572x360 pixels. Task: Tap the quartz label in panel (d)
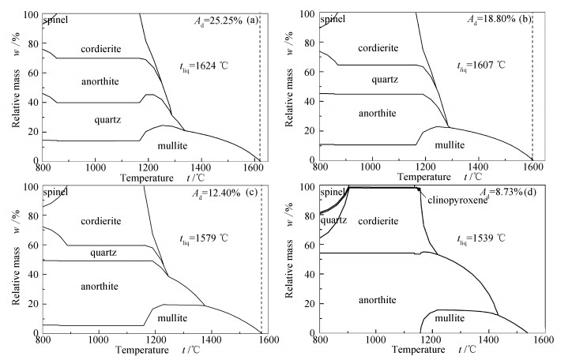click(x=333, y=219)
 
